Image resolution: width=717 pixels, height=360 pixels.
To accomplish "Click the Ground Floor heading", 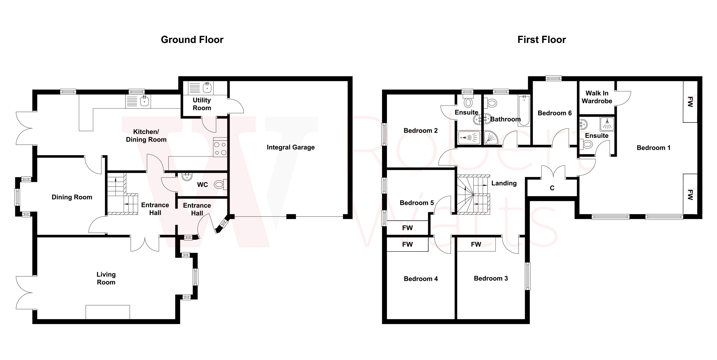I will pyautogui.click(x=192, y=40).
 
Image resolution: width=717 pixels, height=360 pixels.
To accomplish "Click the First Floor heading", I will pyautogui.click(x=541, y=40).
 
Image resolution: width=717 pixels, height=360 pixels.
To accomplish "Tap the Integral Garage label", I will pyautogui.click(x=291, y=147).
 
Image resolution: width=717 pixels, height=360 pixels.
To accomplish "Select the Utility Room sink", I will pyautogui.click(x=207, y=88).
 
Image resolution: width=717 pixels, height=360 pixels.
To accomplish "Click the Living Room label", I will pyautogui.click(x=106, y=278).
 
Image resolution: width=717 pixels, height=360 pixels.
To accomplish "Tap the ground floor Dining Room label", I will pyautogui.click(x=72, y=197).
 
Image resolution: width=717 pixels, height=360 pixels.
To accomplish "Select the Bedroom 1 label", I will pyautogui.click(x=653, y=148).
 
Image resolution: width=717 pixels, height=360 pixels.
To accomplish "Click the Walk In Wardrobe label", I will pyautogui.click(x=597, y=97).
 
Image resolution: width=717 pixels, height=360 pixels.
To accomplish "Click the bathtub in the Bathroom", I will pyautogui.click(x=524, y=111).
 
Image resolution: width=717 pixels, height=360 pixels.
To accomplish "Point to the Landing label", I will pyautogui.click(x=504, y=183).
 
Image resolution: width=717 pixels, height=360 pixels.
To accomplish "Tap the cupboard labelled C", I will pyautogui.click(x=552, y=188).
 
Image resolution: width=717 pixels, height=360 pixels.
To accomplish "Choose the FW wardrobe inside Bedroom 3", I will pyautogui.click(x=476, y=245).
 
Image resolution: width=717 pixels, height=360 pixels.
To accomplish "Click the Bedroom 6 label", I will pyautogui.click(x=554, y=113).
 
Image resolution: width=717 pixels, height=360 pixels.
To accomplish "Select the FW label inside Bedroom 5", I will pyautogui.click(x=407, y=228).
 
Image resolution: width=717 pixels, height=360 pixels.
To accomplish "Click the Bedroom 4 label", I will pyautogui.click(x=421, y=279).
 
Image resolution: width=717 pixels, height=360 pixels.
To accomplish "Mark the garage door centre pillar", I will pyautogui.click(x=291, y=216).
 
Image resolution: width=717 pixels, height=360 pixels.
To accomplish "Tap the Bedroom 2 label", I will pyautogui.click(x=421, y=131).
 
